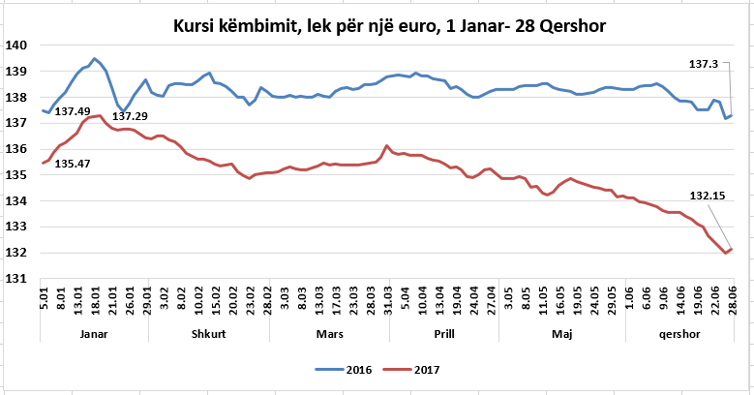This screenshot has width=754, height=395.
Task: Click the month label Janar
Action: [94, 331]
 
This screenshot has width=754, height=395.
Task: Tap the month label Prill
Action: [444, 331]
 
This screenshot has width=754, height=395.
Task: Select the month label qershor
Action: [677, 331]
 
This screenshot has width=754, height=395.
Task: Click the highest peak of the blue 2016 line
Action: [94, 59]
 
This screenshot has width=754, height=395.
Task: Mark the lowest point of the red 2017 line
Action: [725, 254]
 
